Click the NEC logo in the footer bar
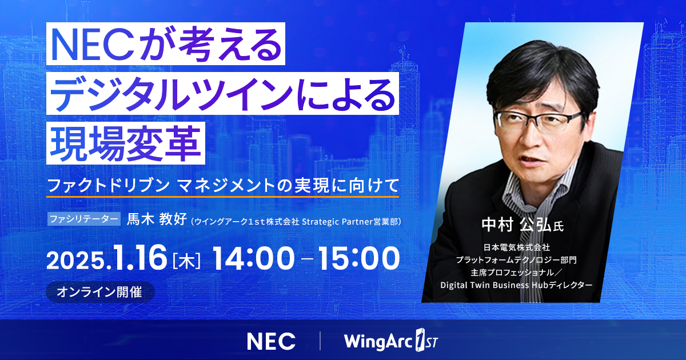tap(271, 341)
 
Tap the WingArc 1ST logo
tap(392, 341)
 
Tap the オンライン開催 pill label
tap(99, 291)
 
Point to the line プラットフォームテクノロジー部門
tap(516, 259)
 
